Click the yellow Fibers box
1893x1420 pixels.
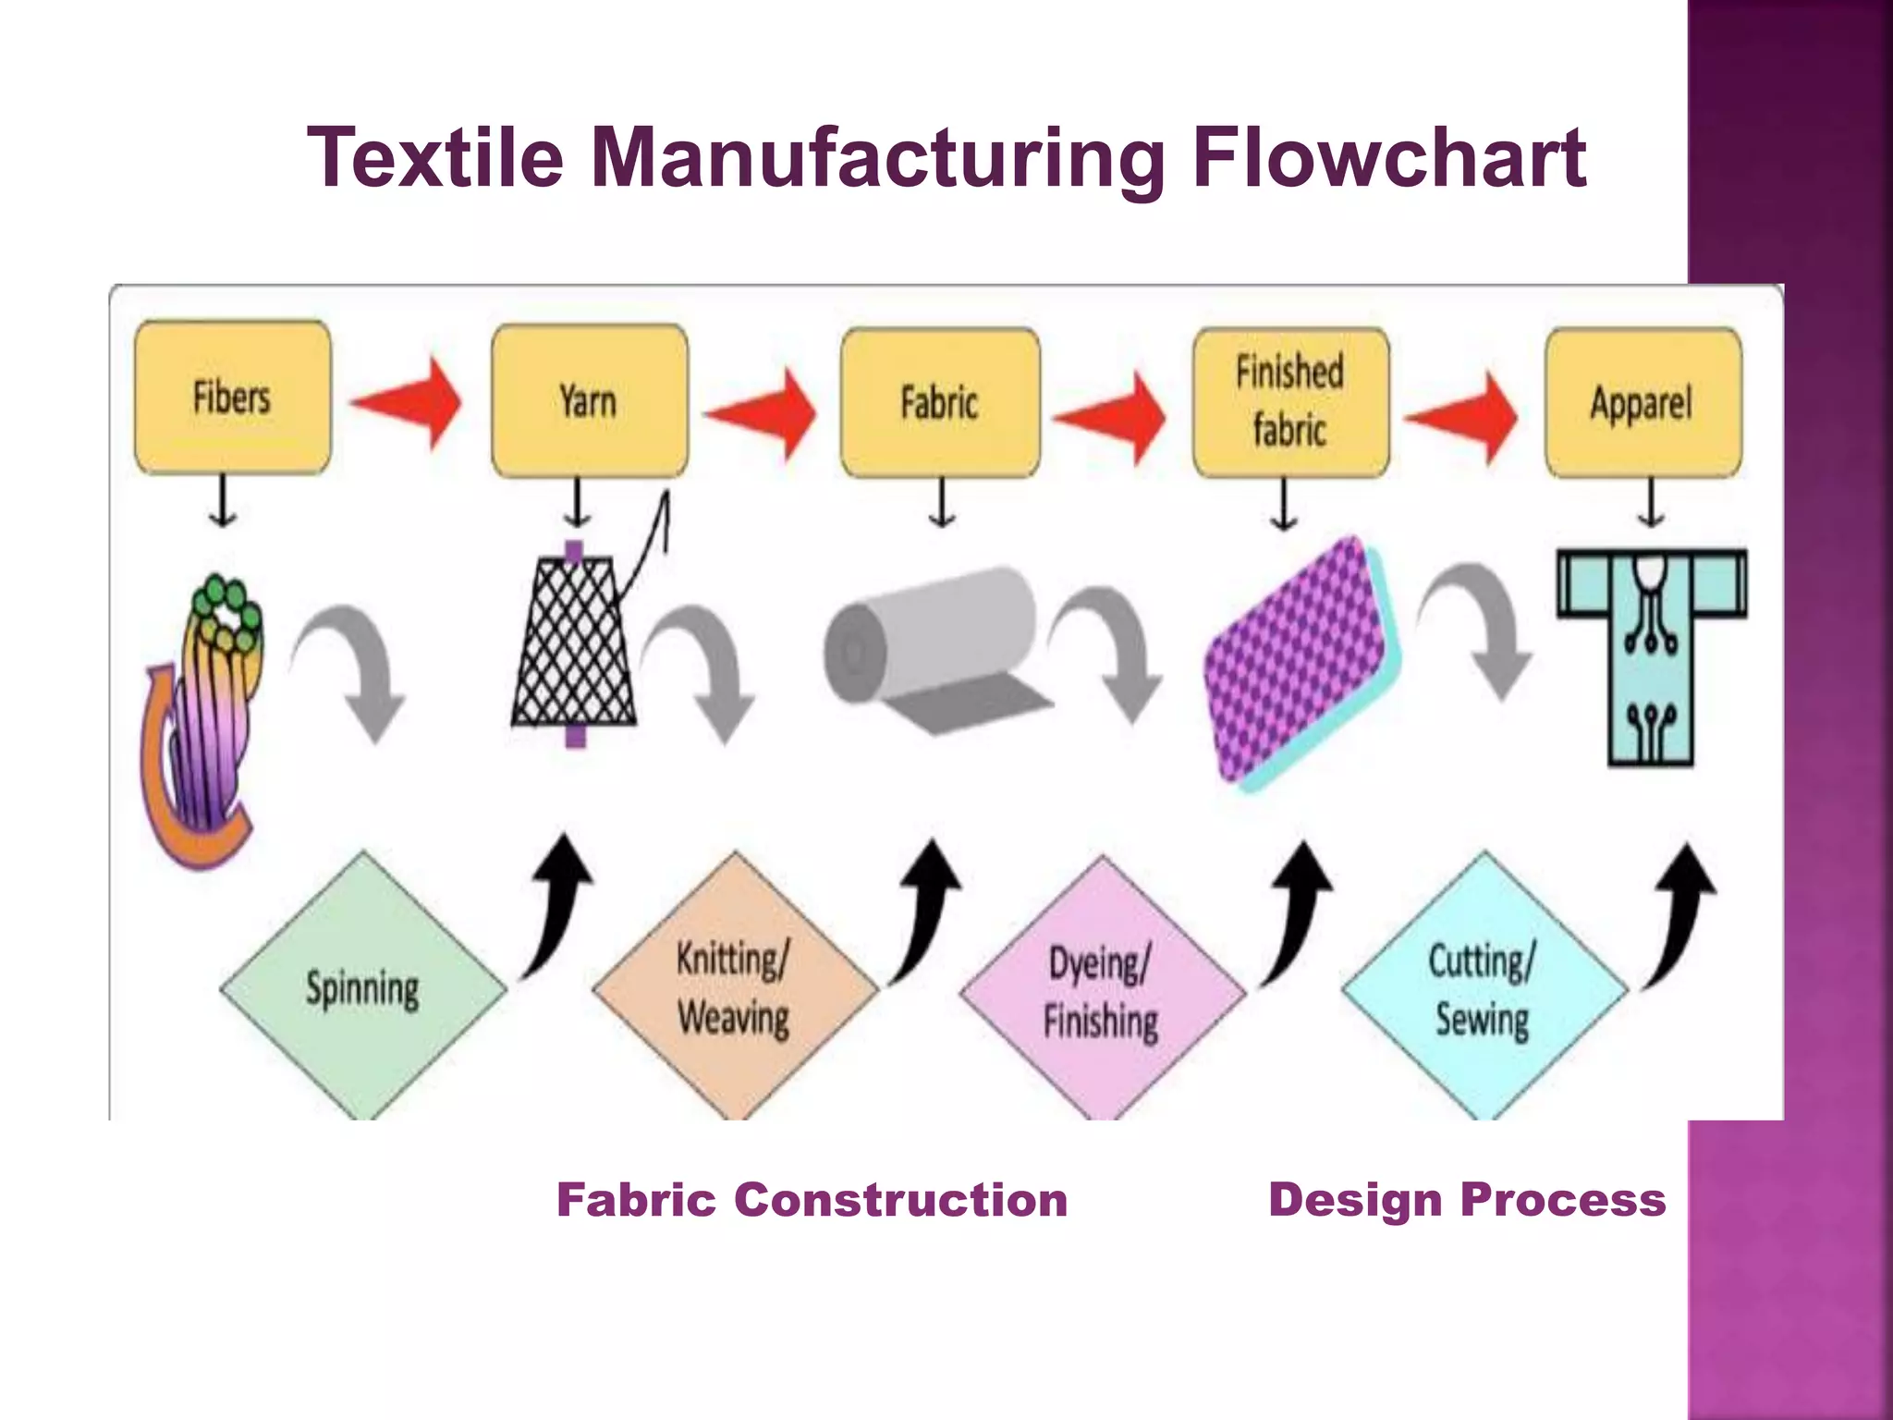pyautogui.click(x=232, y=398)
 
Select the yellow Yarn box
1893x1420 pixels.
pyautogui.click(x=589, y=400)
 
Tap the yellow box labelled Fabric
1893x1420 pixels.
pyautogui.click(x=939, y=402)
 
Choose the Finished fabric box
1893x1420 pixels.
pyautogui.click(x=1290, y=402)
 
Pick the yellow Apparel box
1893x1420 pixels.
pyautogui.click(x=1643, y=402)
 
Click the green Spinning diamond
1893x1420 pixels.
pyautogui.click(x=362, y=987)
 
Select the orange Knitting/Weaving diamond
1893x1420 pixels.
pyautogui.click(x=734, y=987)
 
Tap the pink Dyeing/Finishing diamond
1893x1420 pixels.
pyautogui.click(x=1101, y=989)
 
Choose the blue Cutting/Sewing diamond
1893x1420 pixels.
pyautogui.click(x=1483, y=987)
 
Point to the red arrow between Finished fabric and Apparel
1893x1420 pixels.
pyautogui.click(x=1463, y=417)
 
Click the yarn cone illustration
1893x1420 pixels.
pyautogui.click(x=575, y=643)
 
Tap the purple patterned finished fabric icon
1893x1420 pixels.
pyautogui.click(x=1299, y=661)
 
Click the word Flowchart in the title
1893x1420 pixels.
pyautogui.click(x=1388, y=157)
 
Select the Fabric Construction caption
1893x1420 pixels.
pyautogui.click(x=812, y=1200)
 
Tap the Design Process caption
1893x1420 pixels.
pyautogui.click(x=1467, y=1200)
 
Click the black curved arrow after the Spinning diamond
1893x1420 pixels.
pyautogui.click(x=556, y=906)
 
